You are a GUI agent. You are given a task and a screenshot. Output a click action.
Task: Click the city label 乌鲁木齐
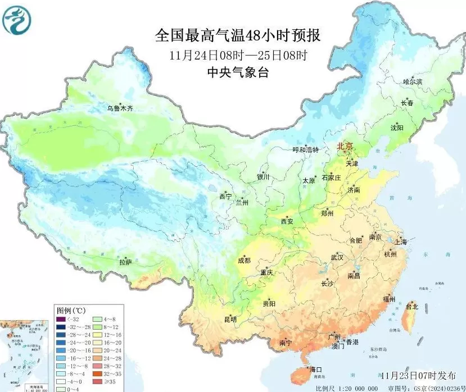tap(121, 108)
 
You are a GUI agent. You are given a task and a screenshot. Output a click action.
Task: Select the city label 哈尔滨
tap(413, 82)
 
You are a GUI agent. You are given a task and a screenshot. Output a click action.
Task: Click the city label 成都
tap(244, 260)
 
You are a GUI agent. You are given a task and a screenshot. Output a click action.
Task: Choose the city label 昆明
tap(230, 319)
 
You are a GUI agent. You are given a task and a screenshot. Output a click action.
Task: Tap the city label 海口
tap(316, 370)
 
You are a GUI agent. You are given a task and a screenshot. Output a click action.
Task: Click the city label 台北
tap(411, 307)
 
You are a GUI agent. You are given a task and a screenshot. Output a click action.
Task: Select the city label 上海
tap(401, 242)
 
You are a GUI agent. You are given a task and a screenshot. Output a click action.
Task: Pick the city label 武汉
tap(337, 257)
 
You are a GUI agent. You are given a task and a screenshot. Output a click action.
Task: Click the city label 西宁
tap(225, 197)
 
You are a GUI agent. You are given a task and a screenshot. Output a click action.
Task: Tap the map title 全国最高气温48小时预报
tap(238, 36)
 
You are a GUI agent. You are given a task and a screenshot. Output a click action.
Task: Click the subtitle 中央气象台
tap(238, 72)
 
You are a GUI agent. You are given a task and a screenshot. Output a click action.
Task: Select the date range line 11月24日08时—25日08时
tap(238, 55)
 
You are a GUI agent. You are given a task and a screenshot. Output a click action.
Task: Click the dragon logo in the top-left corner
tap(17, 20)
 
